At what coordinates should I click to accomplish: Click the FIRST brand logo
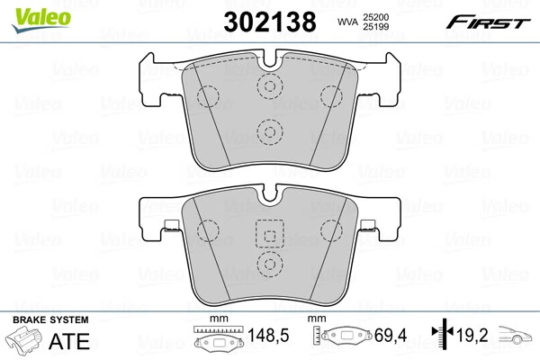493,19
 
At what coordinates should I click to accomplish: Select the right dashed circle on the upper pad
332,95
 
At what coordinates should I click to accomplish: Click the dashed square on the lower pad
268,233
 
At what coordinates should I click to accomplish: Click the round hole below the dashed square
268,265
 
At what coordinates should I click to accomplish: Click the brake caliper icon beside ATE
26,342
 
